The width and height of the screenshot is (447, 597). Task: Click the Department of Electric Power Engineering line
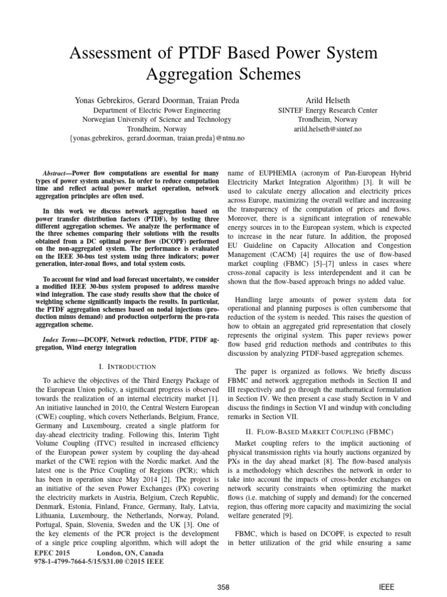tap(157, 110)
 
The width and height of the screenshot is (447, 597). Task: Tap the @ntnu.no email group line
tap(157, 138)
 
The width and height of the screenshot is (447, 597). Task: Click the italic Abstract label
tap(58, 174)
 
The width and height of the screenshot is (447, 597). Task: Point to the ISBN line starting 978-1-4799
tap(99, 561)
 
